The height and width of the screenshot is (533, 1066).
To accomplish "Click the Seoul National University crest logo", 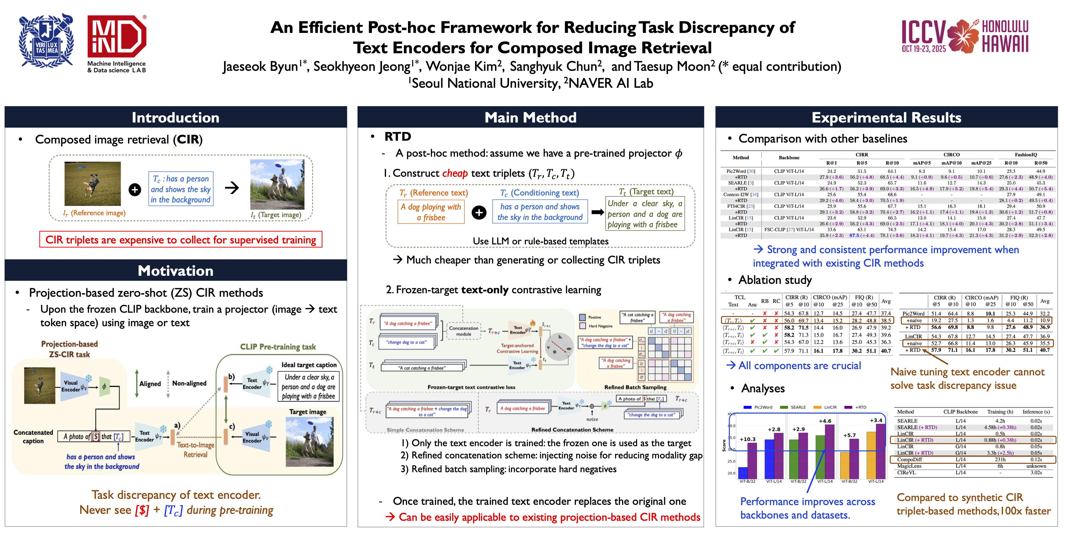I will (46, 41).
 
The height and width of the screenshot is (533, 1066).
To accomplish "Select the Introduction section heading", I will (175, 118).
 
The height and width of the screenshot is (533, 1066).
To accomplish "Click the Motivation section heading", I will (175, 271).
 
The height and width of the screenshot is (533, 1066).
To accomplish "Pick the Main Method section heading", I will (530, 118).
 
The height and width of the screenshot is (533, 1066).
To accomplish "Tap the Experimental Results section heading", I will (886, 118).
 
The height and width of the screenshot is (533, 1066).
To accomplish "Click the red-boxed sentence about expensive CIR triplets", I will (180, 240).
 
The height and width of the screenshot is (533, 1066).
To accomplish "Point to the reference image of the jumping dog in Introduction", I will (92, 183).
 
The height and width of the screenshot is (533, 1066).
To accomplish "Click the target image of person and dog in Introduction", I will (277, 185).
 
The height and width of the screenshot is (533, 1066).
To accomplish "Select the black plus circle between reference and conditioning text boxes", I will (479, 213).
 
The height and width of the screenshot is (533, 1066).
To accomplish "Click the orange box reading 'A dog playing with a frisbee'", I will (431, 212).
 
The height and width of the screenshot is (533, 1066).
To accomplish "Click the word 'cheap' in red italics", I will (455, 173).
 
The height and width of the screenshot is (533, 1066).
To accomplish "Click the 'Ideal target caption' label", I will (309, 364).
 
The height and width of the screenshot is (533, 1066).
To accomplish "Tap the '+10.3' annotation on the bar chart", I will (747, 439).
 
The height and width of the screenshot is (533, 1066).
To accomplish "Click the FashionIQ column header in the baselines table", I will (1026, 155).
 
